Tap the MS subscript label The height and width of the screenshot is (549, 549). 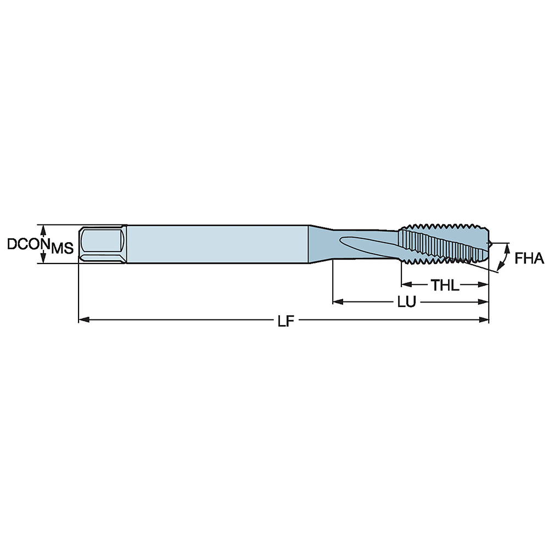coord(62,249)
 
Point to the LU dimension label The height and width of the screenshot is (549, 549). coord(406,302)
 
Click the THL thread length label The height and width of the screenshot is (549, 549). coord(445,285)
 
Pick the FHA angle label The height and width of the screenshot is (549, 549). coord(529,258)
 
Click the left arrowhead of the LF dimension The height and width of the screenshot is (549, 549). coord(82,319)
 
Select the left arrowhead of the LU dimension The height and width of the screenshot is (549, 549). coord(337,301)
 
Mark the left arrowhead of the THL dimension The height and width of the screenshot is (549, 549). coord(405,284)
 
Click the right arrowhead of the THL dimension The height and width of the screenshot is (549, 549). coord(484,284)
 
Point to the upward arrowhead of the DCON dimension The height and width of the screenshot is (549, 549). coord(43,227)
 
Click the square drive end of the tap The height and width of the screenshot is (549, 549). coord(102,244)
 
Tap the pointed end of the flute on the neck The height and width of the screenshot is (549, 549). coord(343,239)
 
